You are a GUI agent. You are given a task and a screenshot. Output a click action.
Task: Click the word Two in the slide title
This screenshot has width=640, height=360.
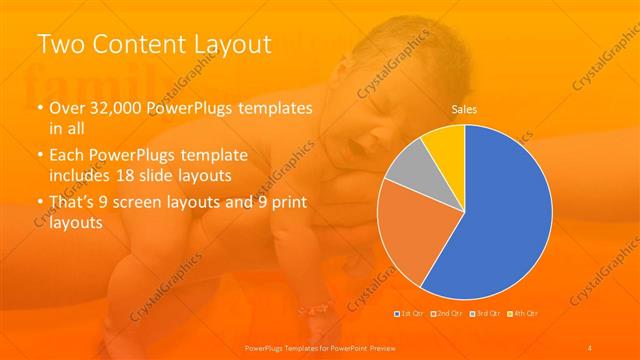point(61,45)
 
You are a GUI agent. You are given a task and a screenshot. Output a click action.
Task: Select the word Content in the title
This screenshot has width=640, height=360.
point(137,45)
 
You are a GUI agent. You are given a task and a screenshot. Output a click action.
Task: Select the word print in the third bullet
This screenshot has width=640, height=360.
point(289,204)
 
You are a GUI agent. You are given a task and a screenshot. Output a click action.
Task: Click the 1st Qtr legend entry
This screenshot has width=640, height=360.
point(409,315)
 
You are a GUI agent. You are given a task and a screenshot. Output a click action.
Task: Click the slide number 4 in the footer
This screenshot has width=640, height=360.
point(590,347)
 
